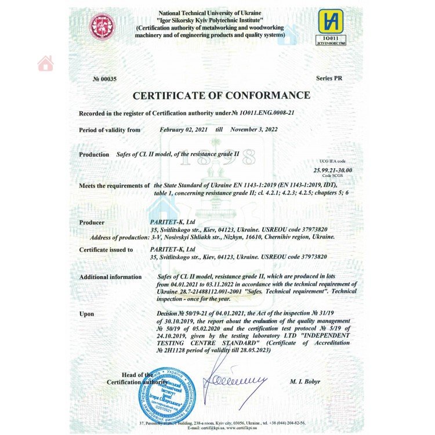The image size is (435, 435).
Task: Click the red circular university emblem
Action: pos(101,26)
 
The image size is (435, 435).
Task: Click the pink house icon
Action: pos(45,64)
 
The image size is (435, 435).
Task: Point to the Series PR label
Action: pos(333,78)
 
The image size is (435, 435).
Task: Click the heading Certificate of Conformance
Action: pos(222,96)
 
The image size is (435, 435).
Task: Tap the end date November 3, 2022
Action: pos(254,130)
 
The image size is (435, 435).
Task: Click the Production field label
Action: pos(94,154)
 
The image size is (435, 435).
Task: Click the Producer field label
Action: pos(92,222)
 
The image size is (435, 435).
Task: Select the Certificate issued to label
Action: pos(106,250)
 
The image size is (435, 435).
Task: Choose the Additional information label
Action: pos(110,277)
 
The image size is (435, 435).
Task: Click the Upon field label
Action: pos(86,314)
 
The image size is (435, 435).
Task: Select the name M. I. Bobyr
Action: pos(305,382)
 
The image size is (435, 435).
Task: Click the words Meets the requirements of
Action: pos(114,186)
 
